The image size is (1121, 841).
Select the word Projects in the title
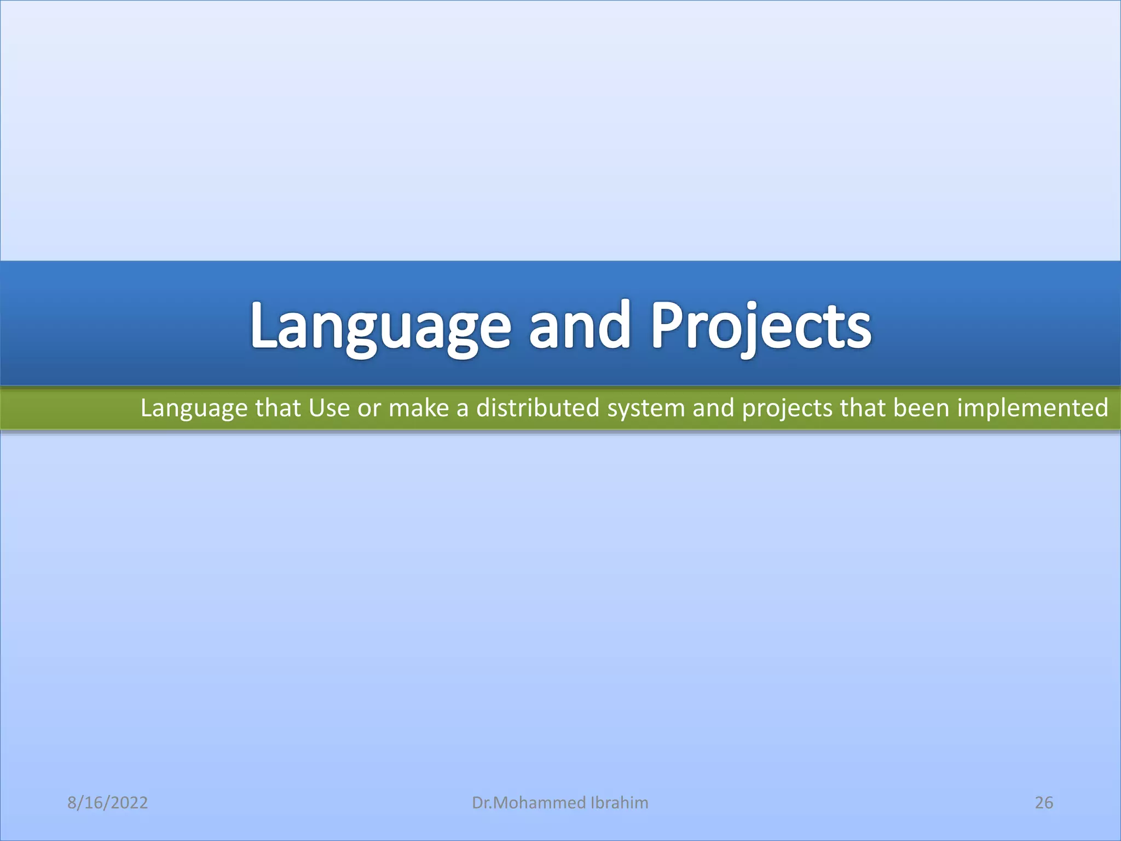(x=760, y=327)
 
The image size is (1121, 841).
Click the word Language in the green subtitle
(x=194, y=408)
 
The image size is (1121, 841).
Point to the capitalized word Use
(x=329, y=408)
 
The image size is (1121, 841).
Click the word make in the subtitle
(x=418, y=408)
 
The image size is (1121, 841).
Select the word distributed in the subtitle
(x=538, y=408)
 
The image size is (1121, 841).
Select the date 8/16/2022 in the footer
(x=107, y=803)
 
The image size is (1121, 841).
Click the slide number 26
(x=1044, y=803)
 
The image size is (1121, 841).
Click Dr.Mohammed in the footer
(x=529, y=803)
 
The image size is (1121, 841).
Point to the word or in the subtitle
(x=369, y=408)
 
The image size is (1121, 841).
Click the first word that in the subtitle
(x=278, y=408)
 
